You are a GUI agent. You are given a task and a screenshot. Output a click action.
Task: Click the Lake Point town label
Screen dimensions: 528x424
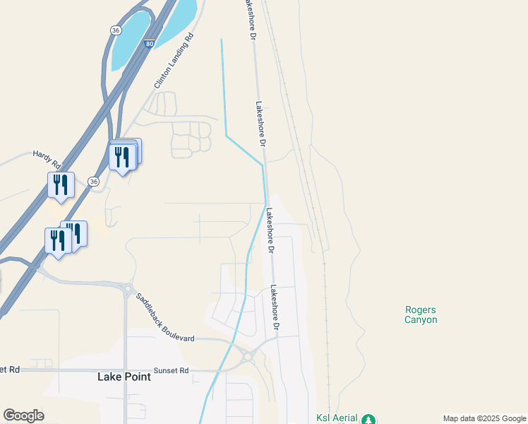tap(124, 377)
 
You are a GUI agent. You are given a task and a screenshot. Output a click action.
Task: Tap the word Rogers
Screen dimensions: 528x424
tap(421, 310)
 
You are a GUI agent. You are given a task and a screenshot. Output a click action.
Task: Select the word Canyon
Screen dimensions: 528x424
tap(421, 319)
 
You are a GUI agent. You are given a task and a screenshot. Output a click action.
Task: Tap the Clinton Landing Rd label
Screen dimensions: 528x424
tap(174, 63)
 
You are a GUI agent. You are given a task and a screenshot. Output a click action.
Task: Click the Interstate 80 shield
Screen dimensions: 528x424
tap(150, 44)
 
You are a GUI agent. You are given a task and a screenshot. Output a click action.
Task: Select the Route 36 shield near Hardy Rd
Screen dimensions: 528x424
tap(93, 182)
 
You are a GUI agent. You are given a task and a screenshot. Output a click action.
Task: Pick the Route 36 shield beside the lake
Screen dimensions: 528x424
tap(115, 30)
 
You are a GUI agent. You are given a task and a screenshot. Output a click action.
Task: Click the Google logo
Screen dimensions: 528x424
tap(24, 416)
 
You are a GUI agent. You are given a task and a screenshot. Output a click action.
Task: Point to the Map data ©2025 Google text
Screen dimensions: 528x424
tap(484, 418)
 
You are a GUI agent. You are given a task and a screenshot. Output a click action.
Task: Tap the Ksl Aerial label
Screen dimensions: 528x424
tap(337, 418)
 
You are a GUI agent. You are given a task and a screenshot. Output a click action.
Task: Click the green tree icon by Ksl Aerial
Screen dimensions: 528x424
tap(368, 420)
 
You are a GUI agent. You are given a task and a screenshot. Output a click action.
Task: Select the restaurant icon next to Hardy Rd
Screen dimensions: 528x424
tap(61, 185)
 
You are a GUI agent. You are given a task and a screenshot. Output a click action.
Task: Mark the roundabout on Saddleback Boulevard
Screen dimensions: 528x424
tap(127, 288)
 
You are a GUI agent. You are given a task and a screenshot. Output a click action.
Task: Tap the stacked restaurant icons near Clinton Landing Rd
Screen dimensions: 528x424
tap(124, 155)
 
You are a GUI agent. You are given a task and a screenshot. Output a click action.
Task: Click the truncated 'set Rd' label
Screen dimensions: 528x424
tap(11, 370)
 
